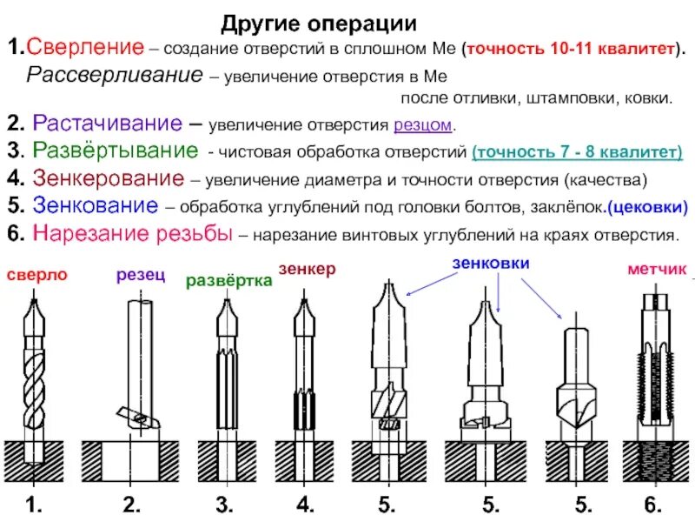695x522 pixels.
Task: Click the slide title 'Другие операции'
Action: [319, 23]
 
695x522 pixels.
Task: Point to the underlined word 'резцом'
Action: [423, 124]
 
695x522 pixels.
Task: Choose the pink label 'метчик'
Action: [652, 270]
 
